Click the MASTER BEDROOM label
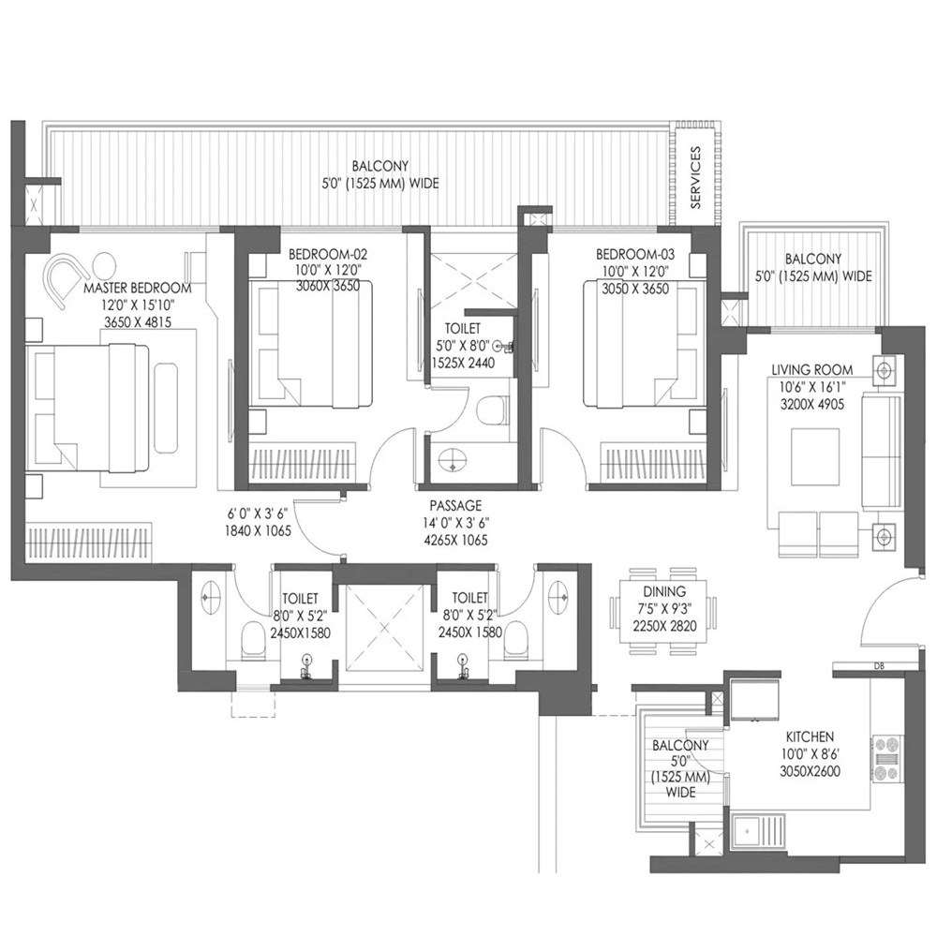(137, 288)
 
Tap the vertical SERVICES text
(695, 177)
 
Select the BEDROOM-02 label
(327, 254)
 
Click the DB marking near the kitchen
(877, 667)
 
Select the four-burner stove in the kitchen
(885, 758)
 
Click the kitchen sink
(750, 829)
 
